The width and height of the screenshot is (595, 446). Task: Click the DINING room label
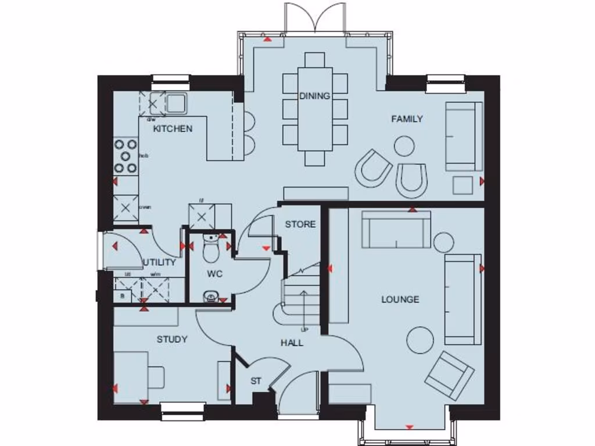(314, 96)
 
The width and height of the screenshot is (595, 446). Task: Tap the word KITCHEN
(173, 128)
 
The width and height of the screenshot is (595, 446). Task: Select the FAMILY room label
(407, 118)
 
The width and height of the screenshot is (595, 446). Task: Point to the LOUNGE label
(400, 299)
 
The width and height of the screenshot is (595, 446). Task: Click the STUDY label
(172, 339)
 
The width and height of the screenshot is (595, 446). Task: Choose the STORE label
(300, 224)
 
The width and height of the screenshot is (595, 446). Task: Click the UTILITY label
(159, 262)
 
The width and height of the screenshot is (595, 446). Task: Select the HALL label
(292, 343)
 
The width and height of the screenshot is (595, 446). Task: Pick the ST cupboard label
(256, 381)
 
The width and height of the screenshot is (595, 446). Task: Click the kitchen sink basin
(175, 103)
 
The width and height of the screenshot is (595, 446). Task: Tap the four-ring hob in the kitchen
(126, 156)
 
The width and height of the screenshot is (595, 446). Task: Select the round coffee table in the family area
(404, 146)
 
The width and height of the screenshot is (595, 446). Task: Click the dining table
(315, 109)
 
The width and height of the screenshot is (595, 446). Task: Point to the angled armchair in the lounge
(449, 375)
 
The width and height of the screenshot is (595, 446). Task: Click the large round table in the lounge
(420, 340)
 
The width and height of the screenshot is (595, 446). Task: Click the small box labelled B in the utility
(122, 296)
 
